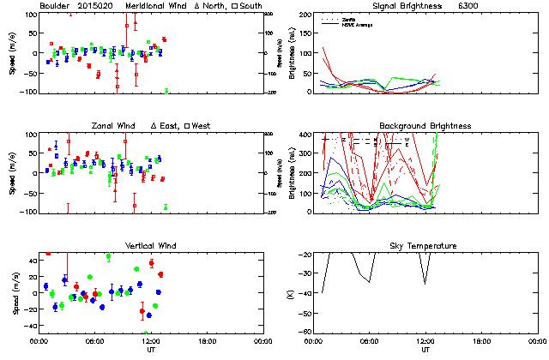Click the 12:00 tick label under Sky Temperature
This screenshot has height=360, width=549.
(425, 341)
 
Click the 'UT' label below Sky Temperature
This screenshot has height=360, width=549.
(425, 350)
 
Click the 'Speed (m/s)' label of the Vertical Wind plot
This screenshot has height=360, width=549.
(13, 293)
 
